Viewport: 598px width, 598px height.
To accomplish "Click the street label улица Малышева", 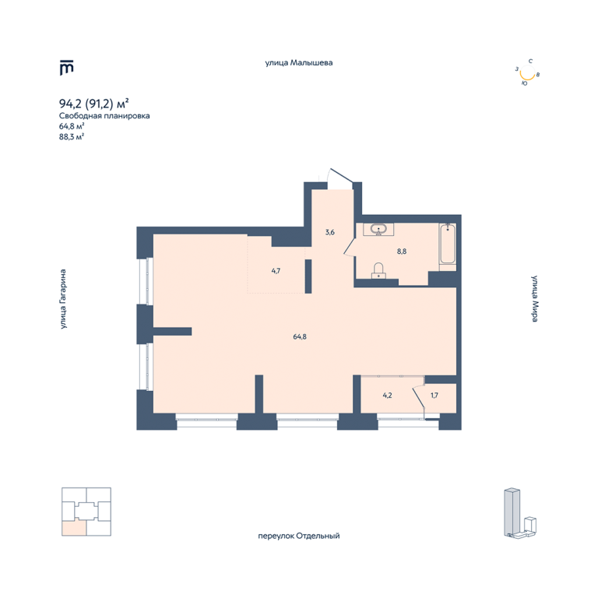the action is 299,63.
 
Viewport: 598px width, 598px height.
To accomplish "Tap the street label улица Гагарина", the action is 63,299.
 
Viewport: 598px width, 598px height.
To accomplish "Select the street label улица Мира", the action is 535,299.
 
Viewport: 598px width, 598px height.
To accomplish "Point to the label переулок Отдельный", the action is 299,536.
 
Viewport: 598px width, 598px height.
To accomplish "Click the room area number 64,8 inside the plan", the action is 300,336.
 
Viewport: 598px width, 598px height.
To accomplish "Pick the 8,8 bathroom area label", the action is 402,252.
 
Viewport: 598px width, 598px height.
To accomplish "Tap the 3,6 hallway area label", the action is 330,232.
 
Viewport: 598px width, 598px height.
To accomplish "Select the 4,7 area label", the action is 276,271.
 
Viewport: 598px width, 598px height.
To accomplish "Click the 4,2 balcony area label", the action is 387,396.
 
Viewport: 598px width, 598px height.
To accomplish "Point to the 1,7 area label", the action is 434,396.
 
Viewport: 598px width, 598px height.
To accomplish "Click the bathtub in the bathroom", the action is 448,244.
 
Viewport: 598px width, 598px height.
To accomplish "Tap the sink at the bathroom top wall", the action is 378,230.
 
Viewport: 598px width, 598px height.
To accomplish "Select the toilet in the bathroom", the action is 378,270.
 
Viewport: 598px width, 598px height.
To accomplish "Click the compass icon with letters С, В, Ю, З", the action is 528,72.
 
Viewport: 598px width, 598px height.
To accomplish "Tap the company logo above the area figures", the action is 66,68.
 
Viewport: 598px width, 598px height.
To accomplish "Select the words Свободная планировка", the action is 104,116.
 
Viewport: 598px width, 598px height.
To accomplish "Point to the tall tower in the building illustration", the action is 512,511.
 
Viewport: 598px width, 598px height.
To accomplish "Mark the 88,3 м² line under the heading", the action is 72,136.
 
